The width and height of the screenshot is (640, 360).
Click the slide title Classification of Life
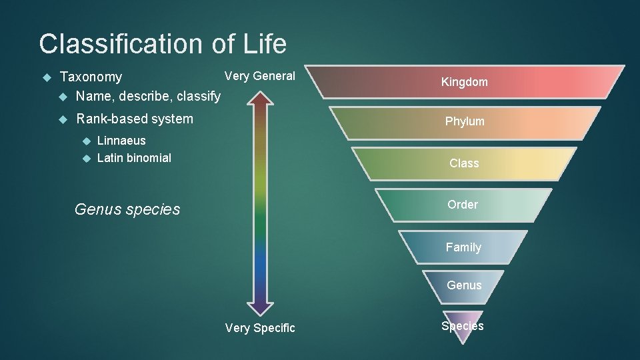pos(163,44)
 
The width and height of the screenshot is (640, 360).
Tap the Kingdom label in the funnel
pos(464,82)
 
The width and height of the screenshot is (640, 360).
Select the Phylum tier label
pos(465,121)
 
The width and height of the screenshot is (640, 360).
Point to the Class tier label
pos(464,163)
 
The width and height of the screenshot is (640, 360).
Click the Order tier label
pos(463,205)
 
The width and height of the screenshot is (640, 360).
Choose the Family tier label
pos(463,247)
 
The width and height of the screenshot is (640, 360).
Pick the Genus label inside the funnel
pos(464,285)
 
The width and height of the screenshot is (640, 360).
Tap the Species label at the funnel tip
pos(462,326)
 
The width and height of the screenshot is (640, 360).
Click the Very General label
pos(259,76)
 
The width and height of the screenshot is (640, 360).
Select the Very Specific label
pos(260,327)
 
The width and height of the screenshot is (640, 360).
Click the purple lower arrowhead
pos(260,307)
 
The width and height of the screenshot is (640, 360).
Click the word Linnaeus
pos(121,141)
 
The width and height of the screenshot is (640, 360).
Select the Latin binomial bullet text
pos(134,158)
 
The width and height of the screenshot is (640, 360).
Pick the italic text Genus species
pos(127,209)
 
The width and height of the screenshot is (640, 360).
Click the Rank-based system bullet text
pos(135,119)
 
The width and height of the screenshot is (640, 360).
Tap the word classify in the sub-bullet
pos(198,97)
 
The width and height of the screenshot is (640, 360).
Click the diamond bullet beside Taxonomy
pos(46,78)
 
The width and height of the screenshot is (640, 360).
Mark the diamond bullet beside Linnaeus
pos(85,141)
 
